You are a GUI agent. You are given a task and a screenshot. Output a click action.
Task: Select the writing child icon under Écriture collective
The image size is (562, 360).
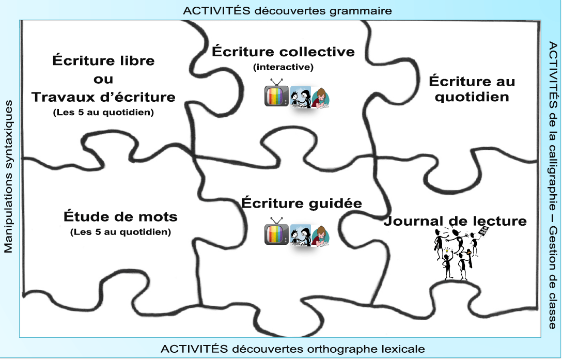[x=320, y=97]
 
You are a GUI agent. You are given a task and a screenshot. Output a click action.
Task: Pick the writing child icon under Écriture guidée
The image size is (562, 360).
[x=320, y=236]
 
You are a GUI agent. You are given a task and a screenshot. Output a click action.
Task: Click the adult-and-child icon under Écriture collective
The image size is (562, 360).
[x=300, y=97]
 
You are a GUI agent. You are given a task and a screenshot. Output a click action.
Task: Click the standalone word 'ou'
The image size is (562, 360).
[x=103, y=79]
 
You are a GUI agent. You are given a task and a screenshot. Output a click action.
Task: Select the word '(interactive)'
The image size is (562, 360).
[x=283, y=67]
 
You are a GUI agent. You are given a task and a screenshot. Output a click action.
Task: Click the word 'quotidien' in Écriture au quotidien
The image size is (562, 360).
[x=472, y=97]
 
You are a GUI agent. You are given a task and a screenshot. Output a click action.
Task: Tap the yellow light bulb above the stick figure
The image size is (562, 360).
[x=447, y=250]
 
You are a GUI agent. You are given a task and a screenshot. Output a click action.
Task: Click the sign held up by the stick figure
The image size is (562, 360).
[x=483, y=231]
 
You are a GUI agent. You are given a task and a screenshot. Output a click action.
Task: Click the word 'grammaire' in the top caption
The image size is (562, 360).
[x=361, y=11]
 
